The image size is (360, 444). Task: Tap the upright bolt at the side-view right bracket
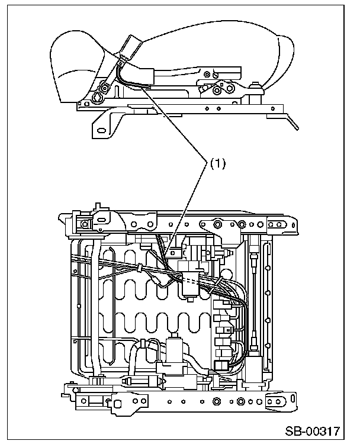tap(259, 89)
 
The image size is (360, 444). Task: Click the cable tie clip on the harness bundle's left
tap(140, 268)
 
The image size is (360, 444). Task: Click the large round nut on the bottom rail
tap(217, 403)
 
